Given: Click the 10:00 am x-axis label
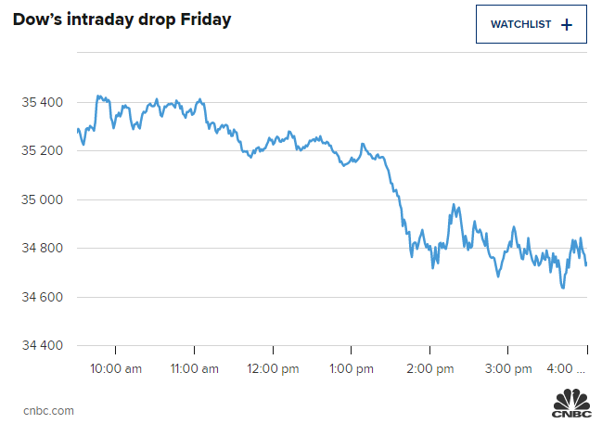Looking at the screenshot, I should (x=116, y=369).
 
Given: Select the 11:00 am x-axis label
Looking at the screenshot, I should (x=194, y=369).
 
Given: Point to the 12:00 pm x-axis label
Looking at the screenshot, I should (x=273, y=369).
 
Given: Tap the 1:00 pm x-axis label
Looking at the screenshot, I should (x=352, y=369).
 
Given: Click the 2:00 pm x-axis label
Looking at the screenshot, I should (x=429, y=369).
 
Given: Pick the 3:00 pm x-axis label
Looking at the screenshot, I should (x=508, y=369).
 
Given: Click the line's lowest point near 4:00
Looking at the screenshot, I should (x=563, y=288).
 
